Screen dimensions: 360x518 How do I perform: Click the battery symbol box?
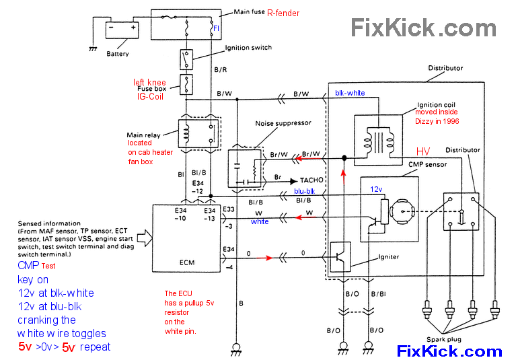point(122,30)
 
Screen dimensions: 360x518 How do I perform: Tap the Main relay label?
point(142,135)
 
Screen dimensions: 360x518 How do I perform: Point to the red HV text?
point(422,152)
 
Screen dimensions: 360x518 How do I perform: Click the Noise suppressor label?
point(283,124)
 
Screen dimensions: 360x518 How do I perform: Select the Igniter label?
point(388,256)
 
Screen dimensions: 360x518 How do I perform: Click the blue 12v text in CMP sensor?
point(376,190)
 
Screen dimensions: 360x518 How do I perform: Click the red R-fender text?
point(283,13)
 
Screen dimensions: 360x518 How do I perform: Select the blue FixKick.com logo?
point(449,351)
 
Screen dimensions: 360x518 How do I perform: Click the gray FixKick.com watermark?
point(424,28)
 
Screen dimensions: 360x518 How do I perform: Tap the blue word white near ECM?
point(260,221)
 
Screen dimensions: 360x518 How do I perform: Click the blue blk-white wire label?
point(350,93)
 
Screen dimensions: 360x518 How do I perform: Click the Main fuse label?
point(248,12)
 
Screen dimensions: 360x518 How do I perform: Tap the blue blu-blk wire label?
point(304,190)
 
